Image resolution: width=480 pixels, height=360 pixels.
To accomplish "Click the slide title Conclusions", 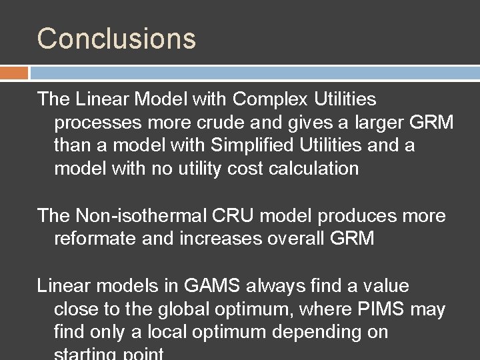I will coord(117,39).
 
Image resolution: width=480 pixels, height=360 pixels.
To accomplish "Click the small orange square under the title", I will coord(14,72).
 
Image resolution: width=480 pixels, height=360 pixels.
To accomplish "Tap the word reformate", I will coord(95,239).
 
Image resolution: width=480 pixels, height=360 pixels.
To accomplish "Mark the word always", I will coord(267,287).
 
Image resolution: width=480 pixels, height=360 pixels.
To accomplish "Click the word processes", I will coord(98,123).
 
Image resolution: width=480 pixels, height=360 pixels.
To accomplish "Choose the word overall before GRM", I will coord(297,239).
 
